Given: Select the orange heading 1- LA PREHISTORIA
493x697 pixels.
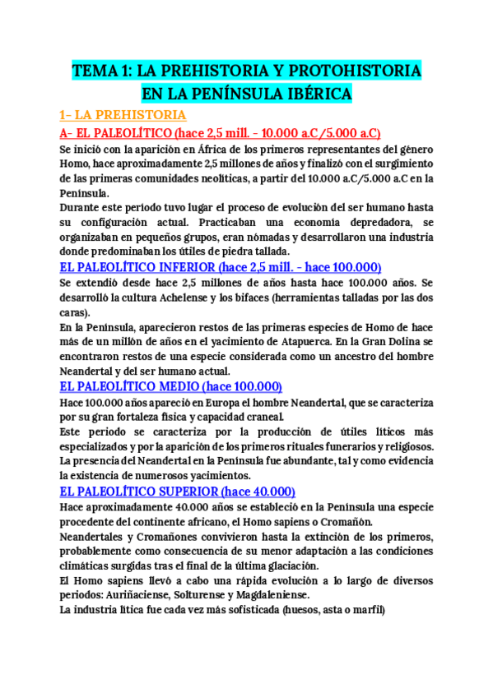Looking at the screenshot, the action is [123, 115].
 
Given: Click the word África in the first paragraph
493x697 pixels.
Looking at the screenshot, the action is [198, 150].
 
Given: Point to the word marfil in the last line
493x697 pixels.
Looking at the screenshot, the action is [363, 611].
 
